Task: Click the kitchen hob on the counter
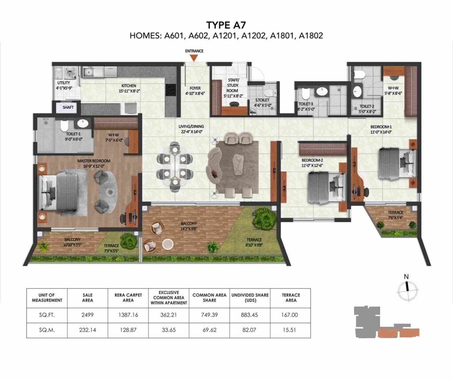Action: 170,90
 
